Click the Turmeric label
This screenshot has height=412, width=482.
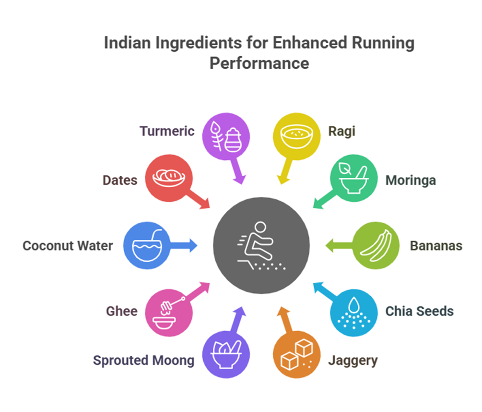[x=167, y=131]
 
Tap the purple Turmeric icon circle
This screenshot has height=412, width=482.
[x=226, y=136]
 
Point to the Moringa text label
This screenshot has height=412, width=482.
[x=411, y=181]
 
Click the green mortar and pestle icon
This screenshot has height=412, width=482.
[x=354, y=179]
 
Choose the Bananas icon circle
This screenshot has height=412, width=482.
[x=376, y=246]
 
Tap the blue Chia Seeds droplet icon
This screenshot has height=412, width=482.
[x=354, y=312]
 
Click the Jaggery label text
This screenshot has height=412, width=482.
[x=353, y=361]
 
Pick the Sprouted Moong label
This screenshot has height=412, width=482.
[x=144, y=361]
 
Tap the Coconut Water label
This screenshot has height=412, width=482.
[x=68, y=246]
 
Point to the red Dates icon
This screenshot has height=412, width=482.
[x=168, y=179]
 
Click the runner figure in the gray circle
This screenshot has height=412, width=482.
[x=259, y=245]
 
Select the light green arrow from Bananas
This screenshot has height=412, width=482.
[x=338, y=246]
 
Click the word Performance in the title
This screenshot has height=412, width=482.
[x=259, y=63]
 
